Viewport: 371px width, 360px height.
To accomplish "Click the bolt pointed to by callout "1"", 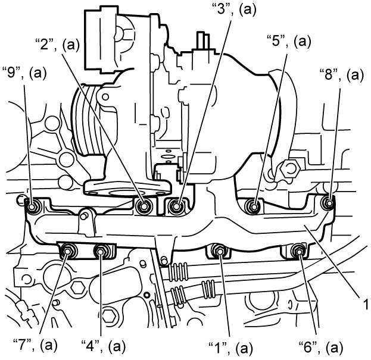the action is coord(220,251).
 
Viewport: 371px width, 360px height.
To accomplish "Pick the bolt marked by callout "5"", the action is coord(254,206).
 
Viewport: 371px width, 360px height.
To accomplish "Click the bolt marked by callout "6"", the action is coord(298,251).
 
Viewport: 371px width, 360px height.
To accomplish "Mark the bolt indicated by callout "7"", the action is coord(68,251).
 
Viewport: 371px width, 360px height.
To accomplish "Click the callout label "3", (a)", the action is coord(233,10).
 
